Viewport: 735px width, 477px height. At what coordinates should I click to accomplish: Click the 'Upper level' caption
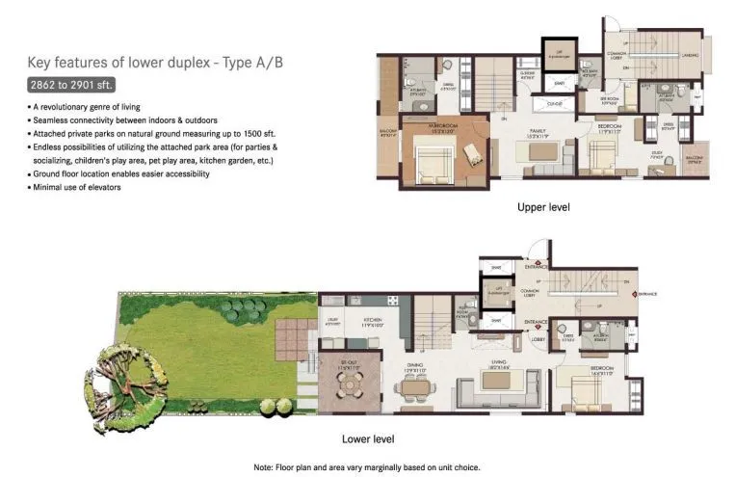tap(543, 207)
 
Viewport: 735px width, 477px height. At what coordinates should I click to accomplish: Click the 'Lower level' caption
tap(369, 438)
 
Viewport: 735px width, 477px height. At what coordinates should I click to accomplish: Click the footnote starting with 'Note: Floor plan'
tap(367, 466)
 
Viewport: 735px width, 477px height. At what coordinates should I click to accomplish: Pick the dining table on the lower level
tap(414, 390)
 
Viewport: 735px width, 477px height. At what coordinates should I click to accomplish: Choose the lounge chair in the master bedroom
tap(472, 154)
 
